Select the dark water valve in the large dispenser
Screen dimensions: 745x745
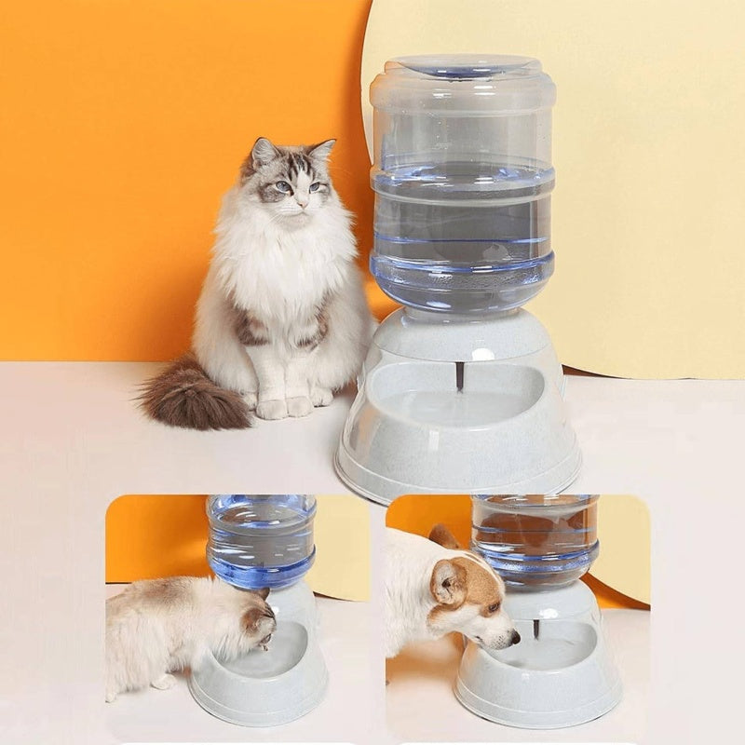tap(459, 375)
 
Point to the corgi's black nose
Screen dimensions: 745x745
tap(513, 639)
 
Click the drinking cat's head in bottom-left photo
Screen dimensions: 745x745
tap(256, 619)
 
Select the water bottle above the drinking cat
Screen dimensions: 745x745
tap(262, 540)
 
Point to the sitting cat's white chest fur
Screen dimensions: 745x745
tap(279, 270)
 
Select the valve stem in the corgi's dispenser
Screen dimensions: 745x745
tap(536, 629)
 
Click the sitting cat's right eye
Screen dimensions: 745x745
tap(280, 186)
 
